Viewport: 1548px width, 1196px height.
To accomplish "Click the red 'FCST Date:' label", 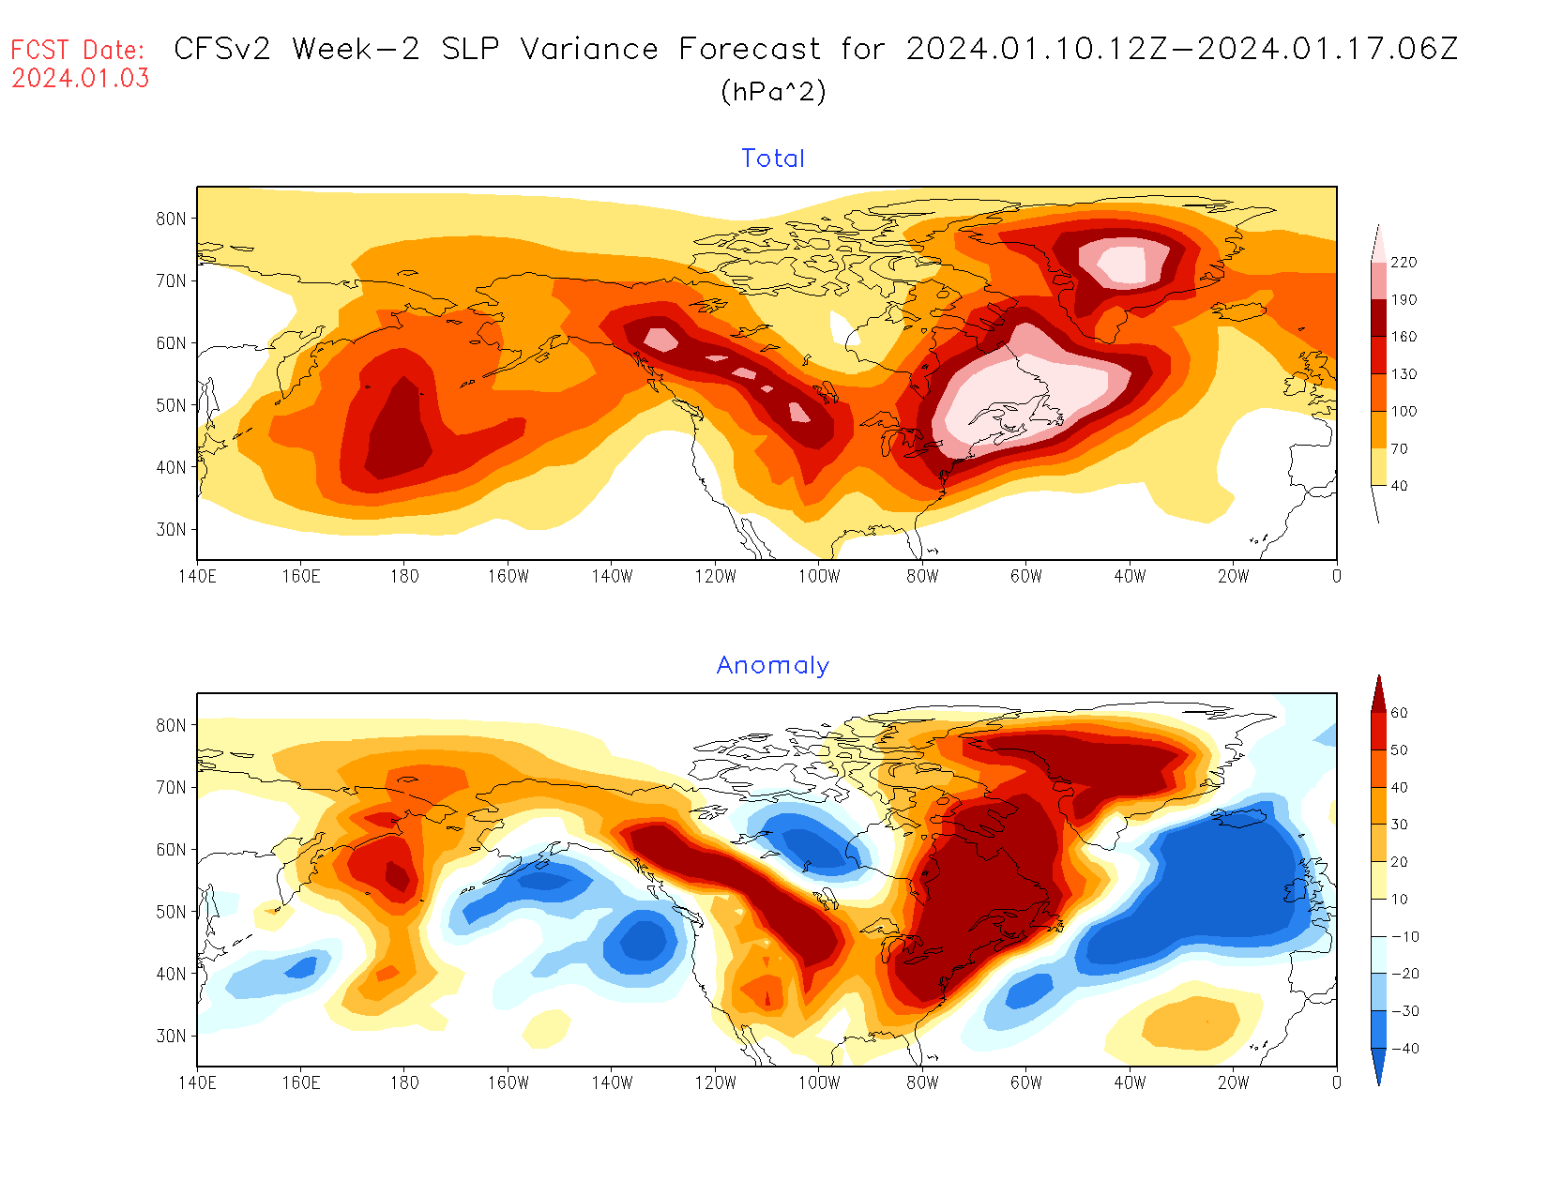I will (x=78, y=50).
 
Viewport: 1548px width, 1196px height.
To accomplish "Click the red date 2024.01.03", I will (x=81, y=79).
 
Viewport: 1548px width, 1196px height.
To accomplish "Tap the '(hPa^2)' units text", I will (x=773, y=91).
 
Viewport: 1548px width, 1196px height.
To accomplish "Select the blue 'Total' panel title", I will (x=773, y=159).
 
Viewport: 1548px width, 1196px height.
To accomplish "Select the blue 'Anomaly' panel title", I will (x=773, y=665).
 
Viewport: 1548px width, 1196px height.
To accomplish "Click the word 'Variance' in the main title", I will (x=589, y=49).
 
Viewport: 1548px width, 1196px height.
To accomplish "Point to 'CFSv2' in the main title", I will (x=222, y=49).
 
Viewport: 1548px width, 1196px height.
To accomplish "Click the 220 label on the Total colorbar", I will (x=1404, y=263).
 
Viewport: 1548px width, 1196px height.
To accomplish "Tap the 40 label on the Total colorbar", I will (x=1399, y=486).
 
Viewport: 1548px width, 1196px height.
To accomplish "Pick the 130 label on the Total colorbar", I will (x=1404, y=374).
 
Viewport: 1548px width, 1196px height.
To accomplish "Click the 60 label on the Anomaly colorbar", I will (x=1399, y=713).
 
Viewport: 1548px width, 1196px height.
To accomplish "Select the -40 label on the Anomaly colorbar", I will (x=1404, y=1049).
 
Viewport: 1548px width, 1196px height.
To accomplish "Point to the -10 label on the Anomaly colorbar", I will (x=1404, y=937).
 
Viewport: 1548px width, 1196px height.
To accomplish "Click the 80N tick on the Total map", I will (x=171, y=219).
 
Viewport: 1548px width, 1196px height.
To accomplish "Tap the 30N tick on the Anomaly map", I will (x=171, y=1036).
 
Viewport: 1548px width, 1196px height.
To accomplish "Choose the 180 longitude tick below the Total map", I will (x=404, y=576).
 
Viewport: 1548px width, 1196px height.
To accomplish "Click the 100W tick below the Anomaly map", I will (x=819, y=1082).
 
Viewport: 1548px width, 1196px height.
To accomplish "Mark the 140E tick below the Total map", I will (x=197, y=576).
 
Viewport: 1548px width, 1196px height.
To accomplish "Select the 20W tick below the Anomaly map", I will (x=1234, y=1082).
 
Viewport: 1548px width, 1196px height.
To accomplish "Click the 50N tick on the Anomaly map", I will (x=171, y=912).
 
